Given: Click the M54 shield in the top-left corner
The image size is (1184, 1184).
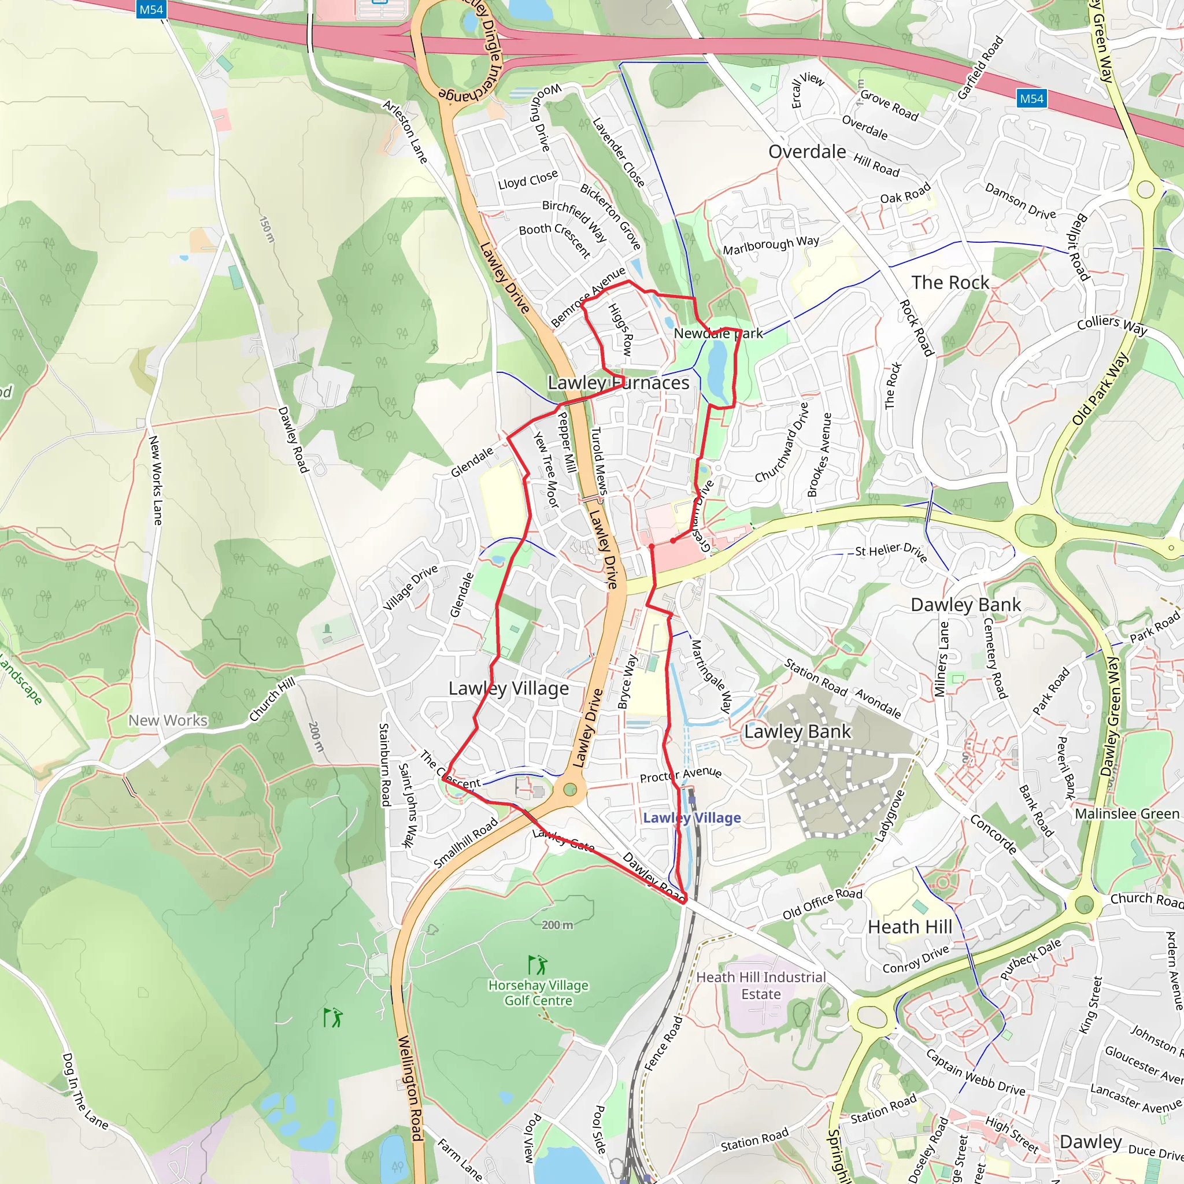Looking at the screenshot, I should pyautogui.click(x=151, y=9).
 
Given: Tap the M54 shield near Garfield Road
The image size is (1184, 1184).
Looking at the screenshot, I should pyautogui.click(x=1031, y=99).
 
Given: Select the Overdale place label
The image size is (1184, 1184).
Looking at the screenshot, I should pyautogui.click(x=807, y=151).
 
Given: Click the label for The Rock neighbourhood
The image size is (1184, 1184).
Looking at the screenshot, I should pyautogui.click(x=950, y=283).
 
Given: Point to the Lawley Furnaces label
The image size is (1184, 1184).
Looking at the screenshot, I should pyautogui.click(x=619, y=383).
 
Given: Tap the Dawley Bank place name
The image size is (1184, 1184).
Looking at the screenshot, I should pyautogui.click(x=966, y=605).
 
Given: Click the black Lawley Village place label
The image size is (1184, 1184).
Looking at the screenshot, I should pyautogui.click(x=509, y=688).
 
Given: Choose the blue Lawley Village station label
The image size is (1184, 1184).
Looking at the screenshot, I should pyautogui.click(x=692, y=817).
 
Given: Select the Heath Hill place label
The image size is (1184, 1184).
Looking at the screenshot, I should pyautogui.click(x=910, y=927).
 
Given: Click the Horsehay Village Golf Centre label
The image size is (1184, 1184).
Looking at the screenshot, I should pyautogui.click(x=538, y=993).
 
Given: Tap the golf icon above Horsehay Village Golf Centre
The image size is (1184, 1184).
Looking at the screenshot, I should pyautogui.click(x=538, y=965).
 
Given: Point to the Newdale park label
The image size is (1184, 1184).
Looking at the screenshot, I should pyautogui.click(x=718, y=334).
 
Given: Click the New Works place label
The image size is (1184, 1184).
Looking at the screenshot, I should pyautogui.click(x=168, y=720).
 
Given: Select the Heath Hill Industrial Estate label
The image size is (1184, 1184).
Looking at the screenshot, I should pyautogui.click(x=761, y=986).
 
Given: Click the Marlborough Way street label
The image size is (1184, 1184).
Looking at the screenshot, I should pyautogui.click(x=771, y=245).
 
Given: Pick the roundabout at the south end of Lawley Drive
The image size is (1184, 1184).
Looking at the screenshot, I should pyautogui.click(x=571, y=790).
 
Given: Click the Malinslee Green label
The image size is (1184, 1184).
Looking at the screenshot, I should pyautogui.click(x=1127, y=814).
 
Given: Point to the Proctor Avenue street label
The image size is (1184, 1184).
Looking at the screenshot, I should pyautogui.click(x=680, y=775).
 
